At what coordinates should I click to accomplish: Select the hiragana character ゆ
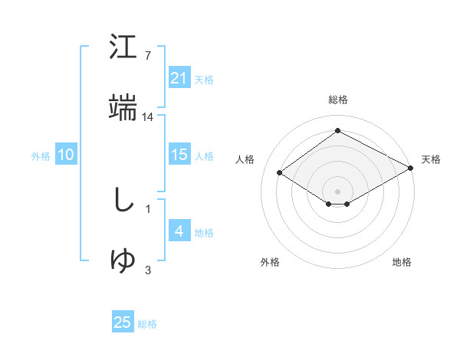pyautogui.click(x=123, y=260)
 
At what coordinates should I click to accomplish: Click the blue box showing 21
pyautogui.click(x=179, y=78)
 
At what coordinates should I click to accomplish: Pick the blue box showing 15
pyautogui.click(x=179, y=155)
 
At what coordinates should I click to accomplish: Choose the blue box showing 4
pyautogui.click(x=179, y=231)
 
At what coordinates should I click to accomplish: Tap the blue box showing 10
pyautogui.click(x=66, y=155)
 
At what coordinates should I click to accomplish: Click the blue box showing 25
pyautogui.click(x=123, y=322)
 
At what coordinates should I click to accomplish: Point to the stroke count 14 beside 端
pyautogui.click(x=148, y=116)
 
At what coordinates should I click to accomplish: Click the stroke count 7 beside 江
pyautogui.click(x=147, y=56)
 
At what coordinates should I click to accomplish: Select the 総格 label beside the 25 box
pyautogui.click(x=147, y=324)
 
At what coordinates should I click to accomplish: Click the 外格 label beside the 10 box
pyautogui.click(x=41, y=156)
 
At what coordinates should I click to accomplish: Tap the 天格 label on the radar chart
pyautogui.click(x=431, y=159)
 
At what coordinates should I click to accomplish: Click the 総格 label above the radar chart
pyautogui.click(x=337, y=100)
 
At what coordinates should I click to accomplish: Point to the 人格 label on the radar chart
pyautogui.click(x=245, y=159)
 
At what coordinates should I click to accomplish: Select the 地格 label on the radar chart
pyautogui.click(x=402, y=262)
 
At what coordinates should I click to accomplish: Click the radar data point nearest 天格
pyautogui.click(x=411, y=169)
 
